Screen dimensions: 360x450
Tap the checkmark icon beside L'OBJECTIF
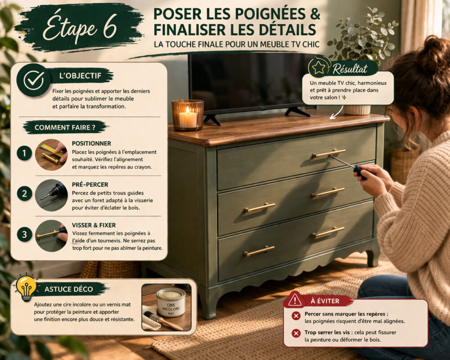coord(33,80)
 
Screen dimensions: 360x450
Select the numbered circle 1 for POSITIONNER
coord(24,153)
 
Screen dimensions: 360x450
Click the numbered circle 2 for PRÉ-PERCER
coord(24,194)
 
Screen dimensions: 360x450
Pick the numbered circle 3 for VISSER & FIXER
coord(24,234)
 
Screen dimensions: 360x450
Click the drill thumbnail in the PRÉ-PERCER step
coord(51,195)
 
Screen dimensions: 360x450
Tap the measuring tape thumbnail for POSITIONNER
coord(51,154)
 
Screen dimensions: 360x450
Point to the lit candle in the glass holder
coord(187,116)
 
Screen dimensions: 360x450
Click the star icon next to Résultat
coord(319,67)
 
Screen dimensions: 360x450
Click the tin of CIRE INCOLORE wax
coord(171,302)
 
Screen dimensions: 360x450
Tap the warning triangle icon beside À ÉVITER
coord(295,299)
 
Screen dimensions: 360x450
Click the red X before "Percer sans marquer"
coord(296,316)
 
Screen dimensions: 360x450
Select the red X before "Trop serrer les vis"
coord(296,333)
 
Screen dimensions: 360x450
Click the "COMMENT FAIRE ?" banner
coord(65,127)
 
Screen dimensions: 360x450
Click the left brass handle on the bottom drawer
coord(259,251)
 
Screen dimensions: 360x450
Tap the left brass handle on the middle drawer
coord(260,207)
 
